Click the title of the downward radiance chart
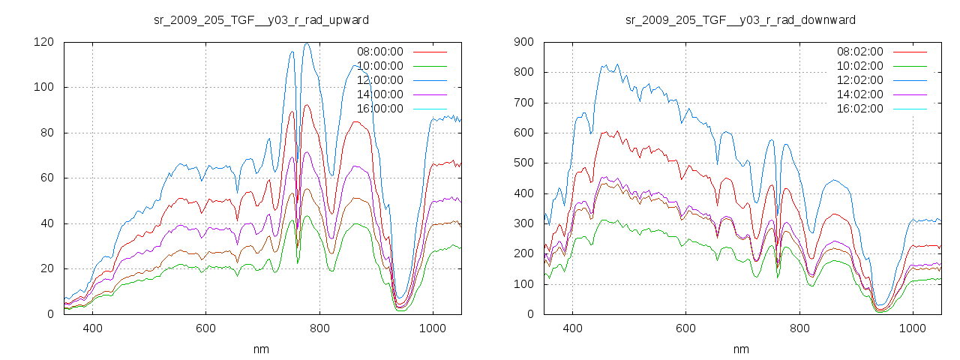(740, 19)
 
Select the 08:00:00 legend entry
(379, 52)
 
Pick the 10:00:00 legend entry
(379, 66)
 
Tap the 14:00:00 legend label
(379, 94)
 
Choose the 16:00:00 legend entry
(379, 109)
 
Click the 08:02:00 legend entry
(859, 52)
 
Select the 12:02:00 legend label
(859, 80)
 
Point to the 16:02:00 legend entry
(859, 109)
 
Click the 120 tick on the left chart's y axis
(43, 42)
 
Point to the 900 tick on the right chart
(523, 42)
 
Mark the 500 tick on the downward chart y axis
(523, 163)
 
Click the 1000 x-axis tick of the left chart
(432, 328)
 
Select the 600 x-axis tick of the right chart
(685, 328)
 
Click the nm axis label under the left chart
(261, 349)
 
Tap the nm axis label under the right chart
(740, 349)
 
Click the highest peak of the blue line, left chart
(307, 43)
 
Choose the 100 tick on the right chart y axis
(523, 283)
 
